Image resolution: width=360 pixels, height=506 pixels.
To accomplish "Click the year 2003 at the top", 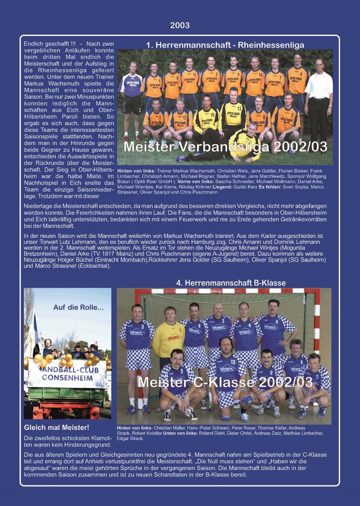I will pos(180,25).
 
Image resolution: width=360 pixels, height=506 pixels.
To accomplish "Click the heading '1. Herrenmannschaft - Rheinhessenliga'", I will pos(225,45).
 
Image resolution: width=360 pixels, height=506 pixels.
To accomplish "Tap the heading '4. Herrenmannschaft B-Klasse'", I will pos(231,283).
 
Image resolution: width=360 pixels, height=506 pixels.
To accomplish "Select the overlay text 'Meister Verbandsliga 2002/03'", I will pos(225,147).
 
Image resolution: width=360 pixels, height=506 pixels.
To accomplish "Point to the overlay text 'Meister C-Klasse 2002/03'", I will pos(225,382).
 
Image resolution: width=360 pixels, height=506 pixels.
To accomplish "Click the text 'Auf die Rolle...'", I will pos(78,307).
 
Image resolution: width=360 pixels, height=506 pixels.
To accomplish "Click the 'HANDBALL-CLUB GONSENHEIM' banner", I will pos(68,374).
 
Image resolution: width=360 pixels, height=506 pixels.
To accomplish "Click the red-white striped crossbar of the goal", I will pos(228,291).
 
